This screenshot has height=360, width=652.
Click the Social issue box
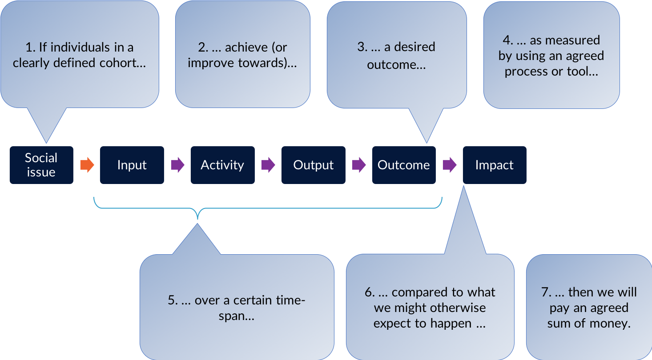(x=42, y=165)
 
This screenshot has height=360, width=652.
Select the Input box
(x=132, y=165)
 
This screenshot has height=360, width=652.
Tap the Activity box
(x=223, y=165)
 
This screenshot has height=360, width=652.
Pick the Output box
(x=314, y=165)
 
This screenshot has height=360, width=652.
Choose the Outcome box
(x=404, y=165)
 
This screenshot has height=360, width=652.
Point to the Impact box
(x=495, y=165)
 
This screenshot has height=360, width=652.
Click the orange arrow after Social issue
(x=87, y=165)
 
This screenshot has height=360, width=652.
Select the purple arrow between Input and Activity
(x=178, y=165)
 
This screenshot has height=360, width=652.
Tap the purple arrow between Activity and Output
(x=268, y=165)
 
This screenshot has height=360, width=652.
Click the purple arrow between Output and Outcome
(x=359, y=165)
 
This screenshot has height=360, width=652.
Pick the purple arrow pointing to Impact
(x=450, y=165)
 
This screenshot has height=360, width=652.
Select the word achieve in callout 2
(x=246, y=47)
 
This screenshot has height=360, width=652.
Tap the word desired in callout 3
(x=415, y=47)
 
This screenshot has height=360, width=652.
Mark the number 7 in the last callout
(x=545, y=292)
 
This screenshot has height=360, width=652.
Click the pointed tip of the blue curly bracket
(x=197, y=219)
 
